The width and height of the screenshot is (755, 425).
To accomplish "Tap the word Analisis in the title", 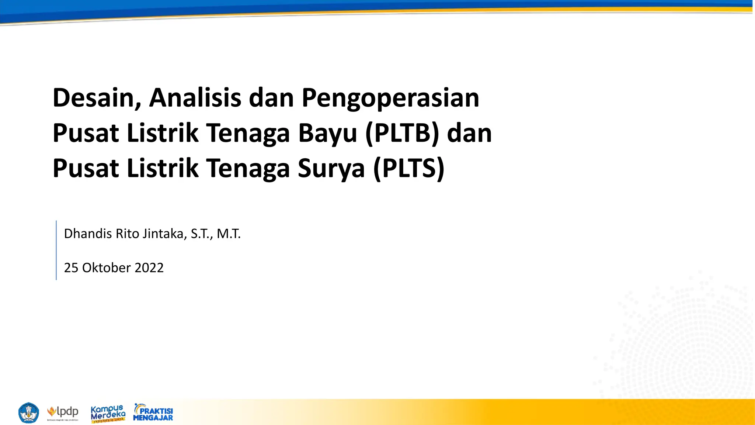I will click(195, 98).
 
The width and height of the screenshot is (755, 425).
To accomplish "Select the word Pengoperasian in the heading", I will click(390, 99).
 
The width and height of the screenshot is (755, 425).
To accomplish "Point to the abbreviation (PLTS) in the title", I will click(409, 169).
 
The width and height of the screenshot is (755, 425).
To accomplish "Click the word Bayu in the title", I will click(327, 134).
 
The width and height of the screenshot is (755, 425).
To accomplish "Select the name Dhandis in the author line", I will click(88, 234).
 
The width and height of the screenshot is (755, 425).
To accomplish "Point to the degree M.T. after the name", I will click(229, 234).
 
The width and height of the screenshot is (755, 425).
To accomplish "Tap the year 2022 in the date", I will click(149, 268).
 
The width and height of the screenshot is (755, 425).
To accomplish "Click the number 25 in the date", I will click(71, 268).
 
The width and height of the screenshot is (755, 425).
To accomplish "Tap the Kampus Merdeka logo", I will click(108, 413).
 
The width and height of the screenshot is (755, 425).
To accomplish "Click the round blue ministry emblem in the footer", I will click(28, 412).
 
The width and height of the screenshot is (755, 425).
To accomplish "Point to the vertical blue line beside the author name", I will click(56, 250).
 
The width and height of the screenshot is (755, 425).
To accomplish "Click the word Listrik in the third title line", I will click(163, 169).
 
